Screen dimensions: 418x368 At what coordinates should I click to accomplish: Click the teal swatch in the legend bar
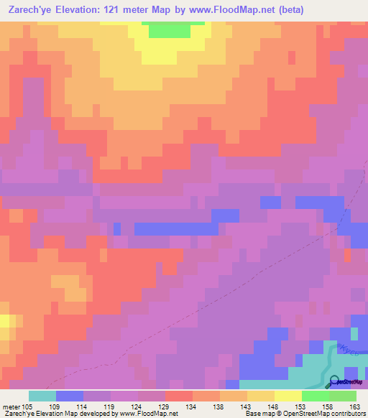(42, 396)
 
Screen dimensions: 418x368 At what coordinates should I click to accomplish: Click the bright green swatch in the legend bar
(316, 396)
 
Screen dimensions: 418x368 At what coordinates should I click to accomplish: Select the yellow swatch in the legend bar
(288, 396)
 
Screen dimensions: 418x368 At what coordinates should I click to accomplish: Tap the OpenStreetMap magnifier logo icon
(333, 381)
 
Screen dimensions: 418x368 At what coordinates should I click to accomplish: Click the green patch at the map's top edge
(171, 29)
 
